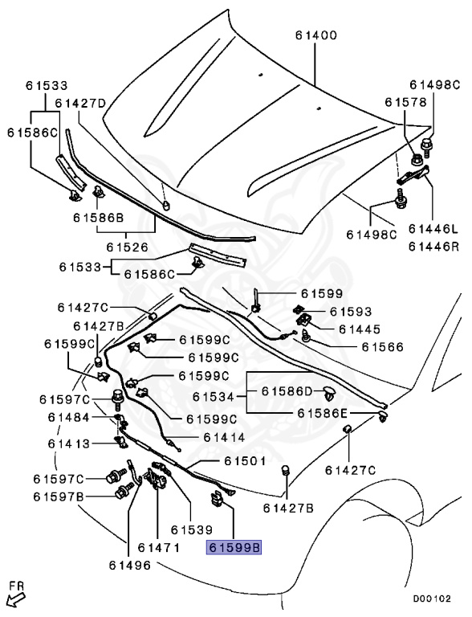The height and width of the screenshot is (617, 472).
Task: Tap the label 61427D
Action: [80, 103]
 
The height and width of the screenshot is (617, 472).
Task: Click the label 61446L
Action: [435, 229]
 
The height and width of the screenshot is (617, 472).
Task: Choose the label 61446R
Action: [435, 246]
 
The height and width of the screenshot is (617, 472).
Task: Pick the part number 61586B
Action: [98, 217]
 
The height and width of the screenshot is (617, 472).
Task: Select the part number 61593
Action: [350, 310]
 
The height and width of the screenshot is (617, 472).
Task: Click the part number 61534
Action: [218, 397]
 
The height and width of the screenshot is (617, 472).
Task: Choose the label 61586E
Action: [322, 413]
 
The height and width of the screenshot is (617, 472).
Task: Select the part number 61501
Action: [245, 461]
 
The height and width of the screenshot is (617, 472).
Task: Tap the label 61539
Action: [190, 530]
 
